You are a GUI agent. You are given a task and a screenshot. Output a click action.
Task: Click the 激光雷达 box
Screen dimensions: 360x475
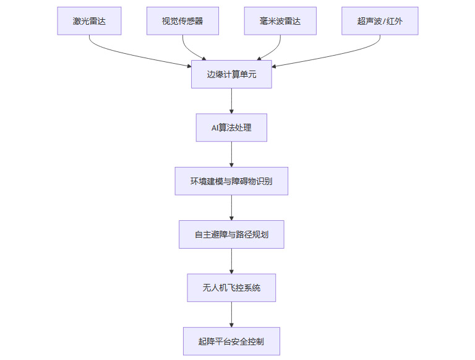[89, 21]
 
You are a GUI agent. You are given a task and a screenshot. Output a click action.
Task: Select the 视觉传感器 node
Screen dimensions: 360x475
[182, 21]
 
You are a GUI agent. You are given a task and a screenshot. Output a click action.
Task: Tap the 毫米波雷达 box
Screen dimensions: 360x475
[280, 21]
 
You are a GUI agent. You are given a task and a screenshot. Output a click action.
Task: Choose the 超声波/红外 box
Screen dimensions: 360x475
[379, 21]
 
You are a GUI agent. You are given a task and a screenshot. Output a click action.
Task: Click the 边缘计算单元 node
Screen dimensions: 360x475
[231, 74]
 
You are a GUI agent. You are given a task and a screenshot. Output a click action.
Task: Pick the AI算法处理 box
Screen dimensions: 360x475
[231, 127]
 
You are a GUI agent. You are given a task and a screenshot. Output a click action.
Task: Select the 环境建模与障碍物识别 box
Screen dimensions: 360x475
[231, 181]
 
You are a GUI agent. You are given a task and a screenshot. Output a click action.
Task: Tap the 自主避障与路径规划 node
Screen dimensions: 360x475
[231, 234]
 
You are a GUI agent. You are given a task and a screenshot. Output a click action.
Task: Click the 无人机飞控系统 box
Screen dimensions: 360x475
[231, 288]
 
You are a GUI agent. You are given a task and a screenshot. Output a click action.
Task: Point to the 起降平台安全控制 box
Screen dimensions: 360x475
[231, 341]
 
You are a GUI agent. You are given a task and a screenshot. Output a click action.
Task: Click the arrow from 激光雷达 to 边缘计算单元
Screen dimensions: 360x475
[124, 54]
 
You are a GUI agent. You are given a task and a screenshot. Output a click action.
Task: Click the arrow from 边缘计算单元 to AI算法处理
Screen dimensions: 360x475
[231, 101]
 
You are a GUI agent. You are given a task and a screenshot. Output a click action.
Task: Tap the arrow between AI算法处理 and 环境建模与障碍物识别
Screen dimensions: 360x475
[231, 154]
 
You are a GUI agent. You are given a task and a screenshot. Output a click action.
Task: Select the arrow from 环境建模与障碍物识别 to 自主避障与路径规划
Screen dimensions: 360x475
[231, 207]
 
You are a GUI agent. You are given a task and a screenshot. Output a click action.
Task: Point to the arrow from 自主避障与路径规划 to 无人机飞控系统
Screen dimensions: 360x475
[231, 261]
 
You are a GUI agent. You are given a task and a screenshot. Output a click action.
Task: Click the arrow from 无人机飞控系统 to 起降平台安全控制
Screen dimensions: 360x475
[231, 314]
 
